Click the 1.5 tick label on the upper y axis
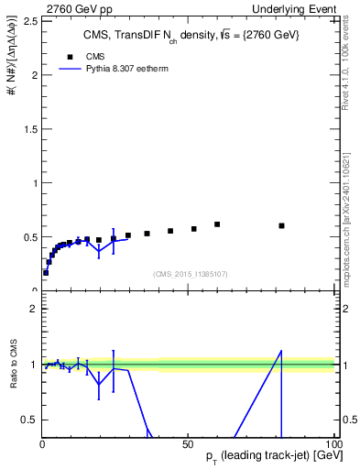pos(29,128)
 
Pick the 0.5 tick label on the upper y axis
pos(29,237)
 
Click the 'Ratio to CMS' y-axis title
pos(14,365)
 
